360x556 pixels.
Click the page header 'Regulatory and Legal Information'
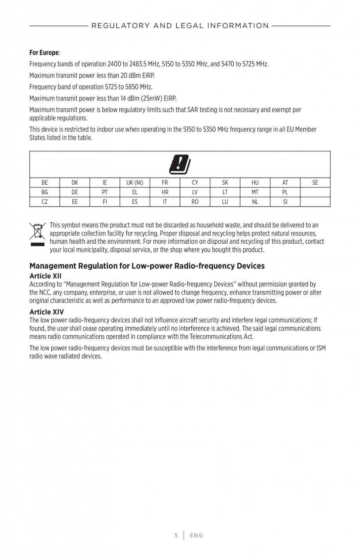point(180,26)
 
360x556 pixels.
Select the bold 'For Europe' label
point(44,52)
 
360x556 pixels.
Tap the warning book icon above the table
point(180,164)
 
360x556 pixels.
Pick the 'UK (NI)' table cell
point(135,183)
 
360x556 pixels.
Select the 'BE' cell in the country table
point(45,183)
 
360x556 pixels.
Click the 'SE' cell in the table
point(315,183)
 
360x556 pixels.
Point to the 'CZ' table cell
point(45,202)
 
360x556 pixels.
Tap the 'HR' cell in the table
point(165,192)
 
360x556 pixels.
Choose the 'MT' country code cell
point(255,192)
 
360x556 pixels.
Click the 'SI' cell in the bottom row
point(285,202)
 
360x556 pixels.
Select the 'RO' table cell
point(195,202)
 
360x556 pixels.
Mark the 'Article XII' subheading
point(45,276)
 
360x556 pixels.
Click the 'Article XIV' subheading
point(47,312)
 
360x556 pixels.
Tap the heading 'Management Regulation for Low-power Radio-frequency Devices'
point(147,266)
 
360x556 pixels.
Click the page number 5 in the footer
point(176,535)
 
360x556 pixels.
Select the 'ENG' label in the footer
point(196,535)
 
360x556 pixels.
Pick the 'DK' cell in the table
point(75,183)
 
